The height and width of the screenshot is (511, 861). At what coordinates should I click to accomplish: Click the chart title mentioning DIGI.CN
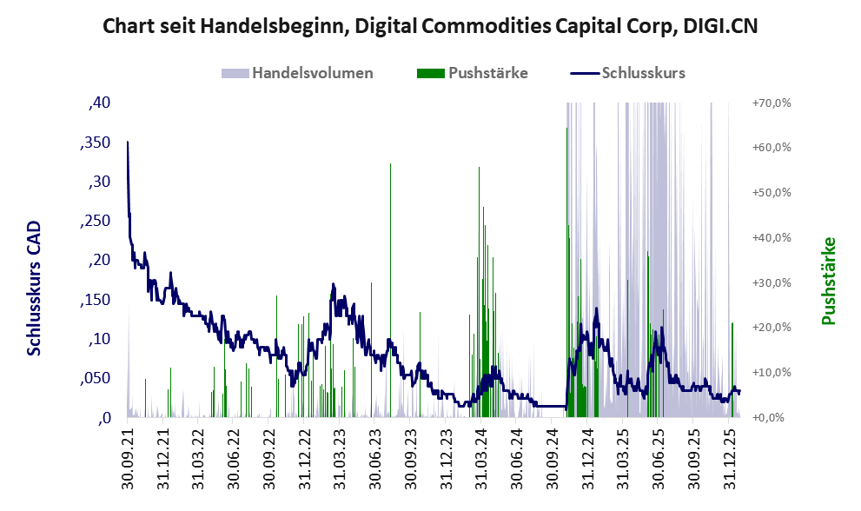[x=430, y=25]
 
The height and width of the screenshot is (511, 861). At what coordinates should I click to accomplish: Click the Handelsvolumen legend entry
[x=298, y=73]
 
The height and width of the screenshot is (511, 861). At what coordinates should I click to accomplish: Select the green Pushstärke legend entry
[x=474, y=73]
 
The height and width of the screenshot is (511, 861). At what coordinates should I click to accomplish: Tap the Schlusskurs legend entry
[x=628, y=73]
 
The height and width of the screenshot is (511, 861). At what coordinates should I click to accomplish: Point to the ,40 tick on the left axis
[x=99, y=103]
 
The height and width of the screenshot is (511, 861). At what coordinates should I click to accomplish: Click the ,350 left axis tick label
[x=95, y=143]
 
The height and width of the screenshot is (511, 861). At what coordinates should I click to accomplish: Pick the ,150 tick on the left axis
[x=95, y=300]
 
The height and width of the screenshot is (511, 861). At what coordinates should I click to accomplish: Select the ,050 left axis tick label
[x=95, y=378]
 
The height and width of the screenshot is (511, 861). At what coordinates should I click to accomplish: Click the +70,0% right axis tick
[x=770, y=103]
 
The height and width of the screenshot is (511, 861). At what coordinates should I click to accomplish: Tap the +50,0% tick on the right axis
[x=770, y=192]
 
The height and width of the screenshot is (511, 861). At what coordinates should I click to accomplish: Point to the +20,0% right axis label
[x=770, y=327]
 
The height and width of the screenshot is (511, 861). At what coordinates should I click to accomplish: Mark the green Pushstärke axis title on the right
[x=828, y=281]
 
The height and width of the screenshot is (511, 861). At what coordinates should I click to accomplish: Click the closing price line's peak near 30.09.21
[x=128, y=142]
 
